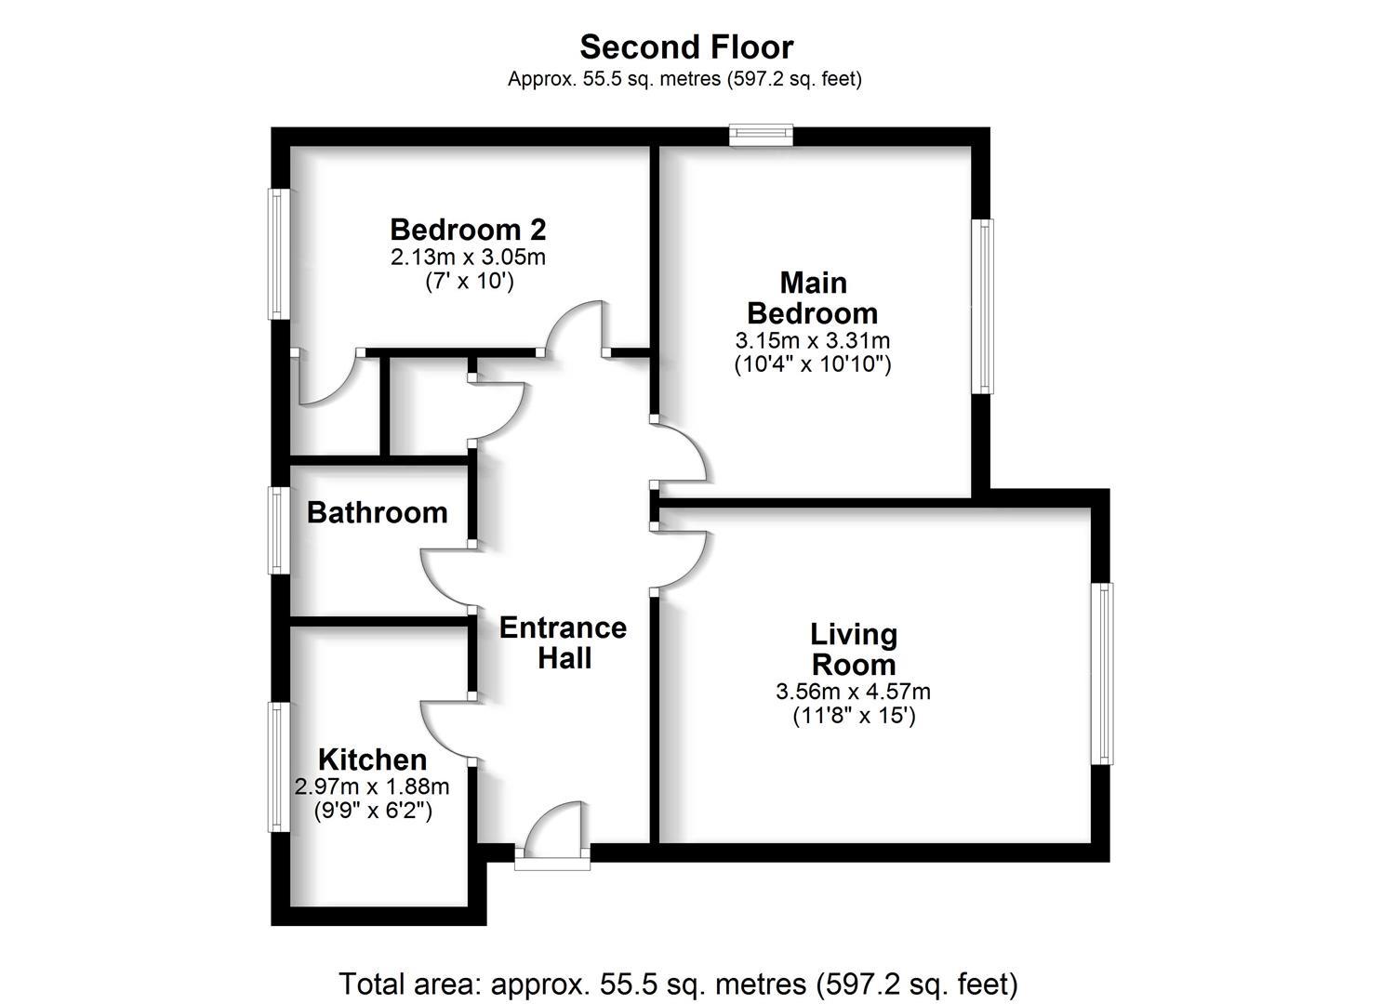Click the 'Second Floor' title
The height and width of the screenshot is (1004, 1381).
tap(686, 46)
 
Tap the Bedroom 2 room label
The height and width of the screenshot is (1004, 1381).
tap(468, 229)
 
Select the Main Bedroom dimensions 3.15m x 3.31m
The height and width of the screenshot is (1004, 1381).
tap(812, 340)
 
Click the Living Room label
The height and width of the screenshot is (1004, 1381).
tap(853, 650)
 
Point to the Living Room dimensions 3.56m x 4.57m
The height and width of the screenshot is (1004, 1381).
tap(853, 692)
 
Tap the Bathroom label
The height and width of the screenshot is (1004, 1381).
tap(377, 512)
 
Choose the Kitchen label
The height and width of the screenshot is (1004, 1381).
tap(372, 759)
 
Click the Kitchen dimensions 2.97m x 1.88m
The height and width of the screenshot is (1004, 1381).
tap(372, 786)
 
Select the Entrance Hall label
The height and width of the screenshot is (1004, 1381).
tap(563, 642)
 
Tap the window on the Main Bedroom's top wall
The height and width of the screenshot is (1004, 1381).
tap(761, 136)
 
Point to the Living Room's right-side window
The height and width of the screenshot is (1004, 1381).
tap(1101, 674)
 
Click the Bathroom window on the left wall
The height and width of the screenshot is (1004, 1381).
tap(279, 530)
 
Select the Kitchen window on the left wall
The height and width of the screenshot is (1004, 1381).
tap(278, 767)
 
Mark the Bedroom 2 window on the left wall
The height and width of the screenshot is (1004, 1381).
tap(279, 254)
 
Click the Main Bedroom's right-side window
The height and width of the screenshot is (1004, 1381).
tap(982, 306)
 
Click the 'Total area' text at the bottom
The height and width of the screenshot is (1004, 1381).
tap(678, 983)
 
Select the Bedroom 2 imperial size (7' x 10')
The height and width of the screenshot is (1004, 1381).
tap(468, 281)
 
